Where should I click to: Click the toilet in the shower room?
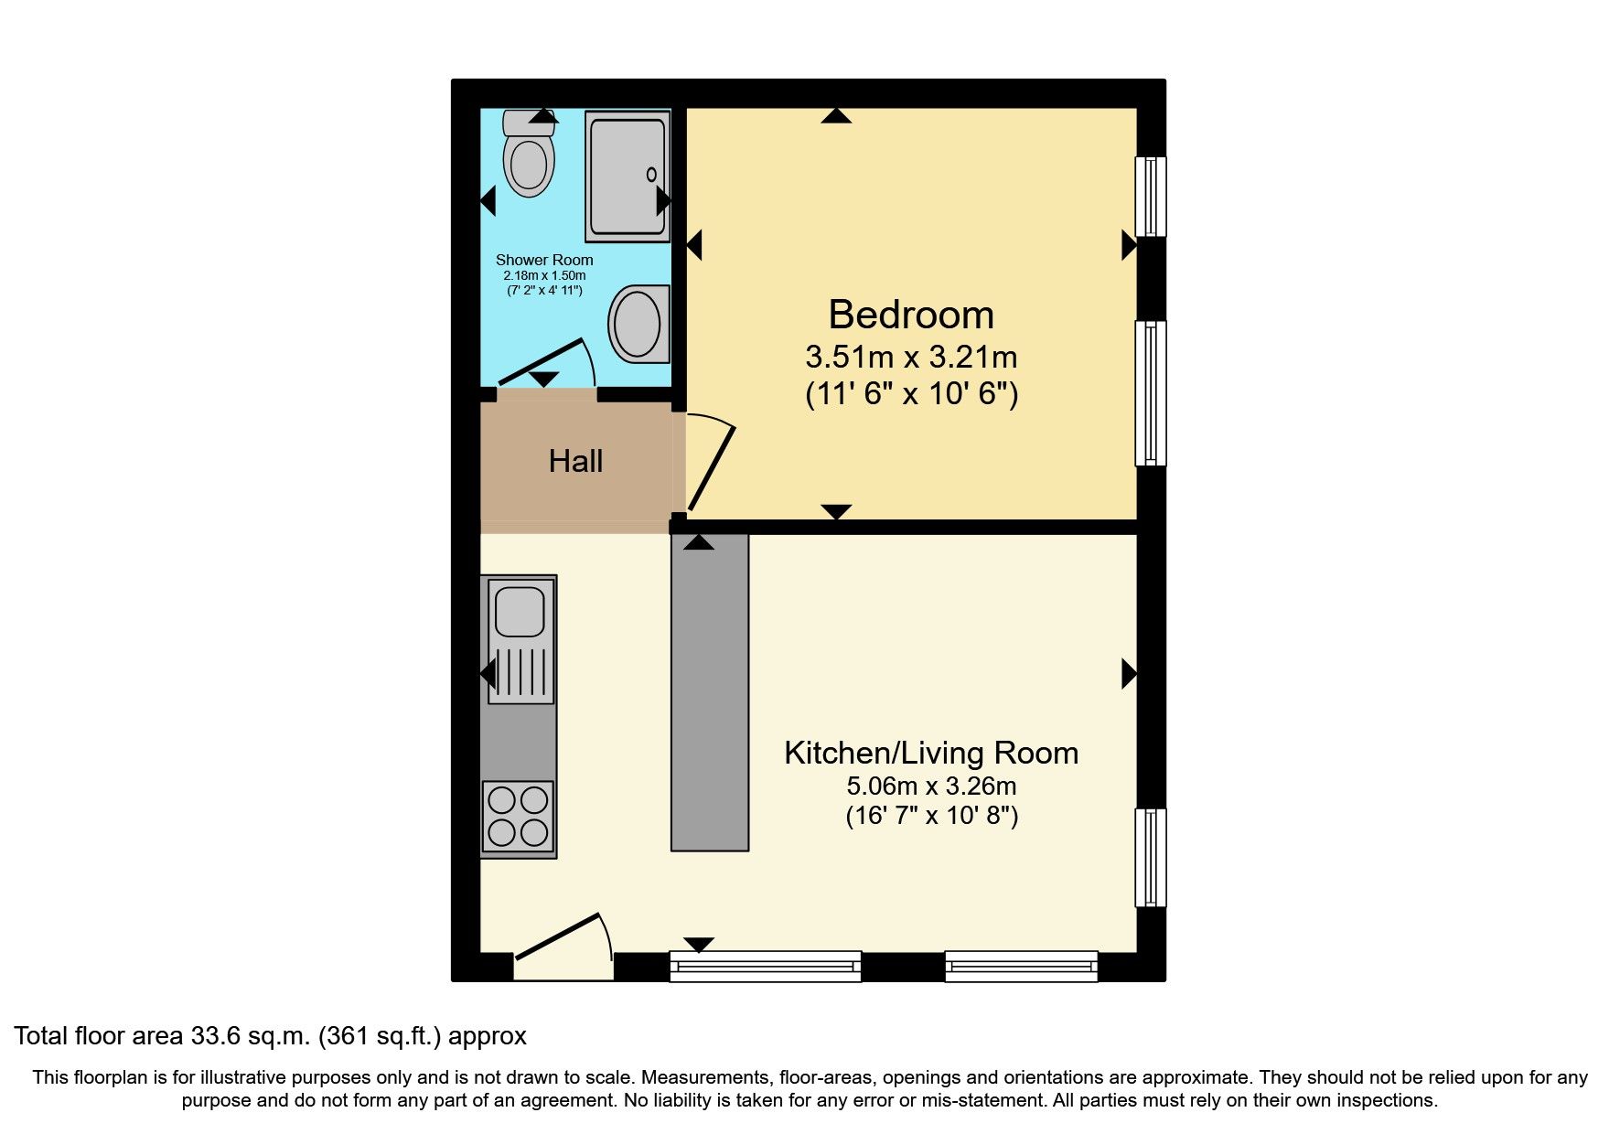click(x=529, y=154)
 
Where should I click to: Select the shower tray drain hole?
click(x=651, y=174)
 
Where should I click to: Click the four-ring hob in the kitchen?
click(x=518, y=818)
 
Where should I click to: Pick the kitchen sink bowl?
click(x=520, y=608)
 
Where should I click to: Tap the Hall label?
click(x=575, y=461)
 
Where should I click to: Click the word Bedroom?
click(x=911, y=315)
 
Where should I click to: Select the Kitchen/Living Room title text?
click(x=931, y=753)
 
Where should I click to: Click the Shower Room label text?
click(x=544, y=260)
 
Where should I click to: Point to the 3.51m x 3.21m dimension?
click(x=911, y=357)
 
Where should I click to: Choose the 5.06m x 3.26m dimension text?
click(x=931, y=786)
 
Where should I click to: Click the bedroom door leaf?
click(x=712, y=466)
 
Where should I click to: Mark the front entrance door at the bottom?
click(x=558, y=936)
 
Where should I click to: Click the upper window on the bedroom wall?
click(x=1151, y=197)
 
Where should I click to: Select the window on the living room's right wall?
click(x=1151, y=858)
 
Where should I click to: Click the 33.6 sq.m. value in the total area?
click(x=251, y=1036)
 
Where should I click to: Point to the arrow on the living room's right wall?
click(x=1130, y=674)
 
